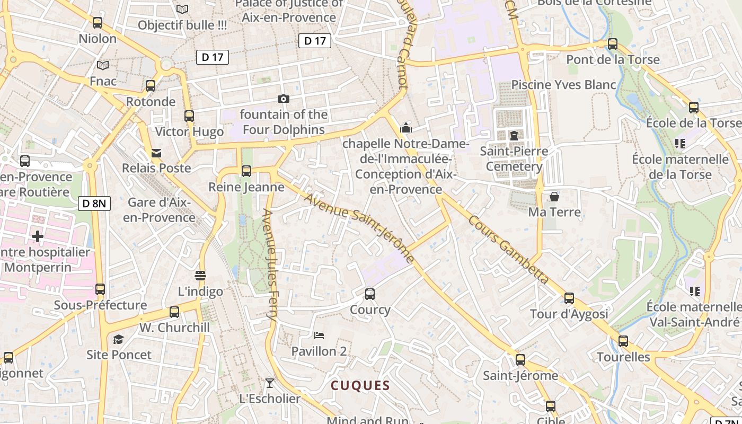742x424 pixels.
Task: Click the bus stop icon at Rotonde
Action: tap(151, 86)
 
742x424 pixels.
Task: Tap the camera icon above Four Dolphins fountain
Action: tap(284, 99)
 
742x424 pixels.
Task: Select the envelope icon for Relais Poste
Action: tap(156, 153)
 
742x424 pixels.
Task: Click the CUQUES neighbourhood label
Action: tap(360, 386)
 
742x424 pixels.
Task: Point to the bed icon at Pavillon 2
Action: tap(319, 335)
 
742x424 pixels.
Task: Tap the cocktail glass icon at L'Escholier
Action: tap(270, 383)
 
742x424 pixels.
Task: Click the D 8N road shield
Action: tap(94, 203)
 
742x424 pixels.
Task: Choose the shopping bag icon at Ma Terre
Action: tap(554, 197)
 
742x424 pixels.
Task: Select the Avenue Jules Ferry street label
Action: tap(270, 264)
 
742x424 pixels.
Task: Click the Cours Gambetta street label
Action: tap(508, 249)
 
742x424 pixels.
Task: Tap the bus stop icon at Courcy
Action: tap(370, 294)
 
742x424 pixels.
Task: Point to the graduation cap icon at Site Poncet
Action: tap(119, 339)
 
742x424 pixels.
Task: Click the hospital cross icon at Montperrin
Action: tap(37, 236)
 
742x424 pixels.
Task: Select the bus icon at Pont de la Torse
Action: tap(613, 44)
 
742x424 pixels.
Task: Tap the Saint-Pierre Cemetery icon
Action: tap(514, 135)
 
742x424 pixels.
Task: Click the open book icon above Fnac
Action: tap(103, 65)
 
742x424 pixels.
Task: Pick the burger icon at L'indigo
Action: tap(200, 275)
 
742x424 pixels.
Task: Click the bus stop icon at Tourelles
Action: tap(623, 341)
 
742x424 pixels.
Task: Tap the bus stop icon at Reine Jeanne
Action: tap(246, 171)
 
